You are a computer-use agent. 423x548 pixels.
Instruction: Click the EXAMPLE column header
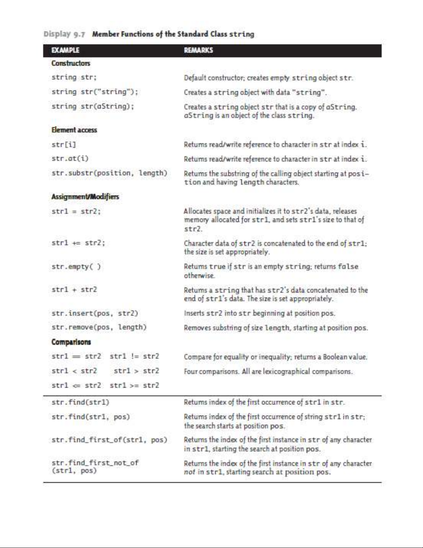pyautogui.click(x=65, y=50)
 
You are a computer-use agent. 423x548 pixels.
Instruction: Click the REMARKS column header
pyautogui.click(x=198, y=50)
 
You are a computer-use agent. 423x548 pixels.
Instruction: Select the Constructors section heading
pyautogui.click(x=71, y=63)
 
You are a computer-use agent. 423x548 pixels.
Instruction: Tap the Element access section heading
pyautogui.click(x=74, y=130)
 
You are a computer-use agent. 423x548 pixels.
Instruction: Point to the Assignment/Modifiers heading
pyautogui.click(x=85, y=197)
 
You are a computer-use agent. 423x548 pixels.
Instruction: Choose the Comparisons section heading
pyautogui.click(x=71, y=342)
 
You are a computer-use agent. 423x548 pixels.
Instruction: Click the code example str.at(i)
pyautogui.click(x=70, y=159)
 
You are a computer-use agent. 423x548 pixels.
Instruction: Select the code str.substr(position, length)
pyautogui.click(x=109, y=173)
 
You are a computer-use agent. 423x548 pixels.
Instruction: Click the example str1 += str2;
pyautogui.click(x=78, y=243)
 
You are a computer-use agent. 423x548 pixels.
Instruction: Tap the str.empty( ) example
pyautogui.click(x=76, y=267)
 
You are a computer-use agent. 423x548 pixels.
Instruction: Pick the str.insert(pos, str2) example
pyautogui.click(x=95, y=313)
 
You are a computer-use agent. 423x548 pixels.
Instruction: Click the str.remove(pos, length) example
pyautogui.click(x=99, y=327)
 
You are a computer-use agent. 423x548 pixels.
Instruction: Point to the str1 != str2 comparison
pyautogui.click(x=134, y=356)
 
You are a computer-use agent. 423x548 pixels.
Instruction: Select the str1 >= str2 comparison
pyautogui.click(x=134, y=385)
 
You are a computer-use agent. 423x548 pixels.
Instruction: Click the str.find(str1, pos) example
pyautogui.click(x=90, y=417)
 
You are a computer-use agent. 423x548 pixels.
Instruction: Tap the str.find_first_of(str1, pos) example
pyautogui.click(x=109, y=440)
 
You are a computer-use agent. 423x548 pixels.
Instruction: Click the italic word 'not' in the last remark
pyautogui.click(x=189, y=472)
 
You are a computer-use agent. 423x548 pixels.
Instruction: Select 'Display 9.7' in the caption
pyautogui.click(x=64, y=34)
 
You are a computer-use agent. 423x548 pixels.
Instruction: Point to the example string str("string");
pyautogui.click(x=95, y=92)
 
